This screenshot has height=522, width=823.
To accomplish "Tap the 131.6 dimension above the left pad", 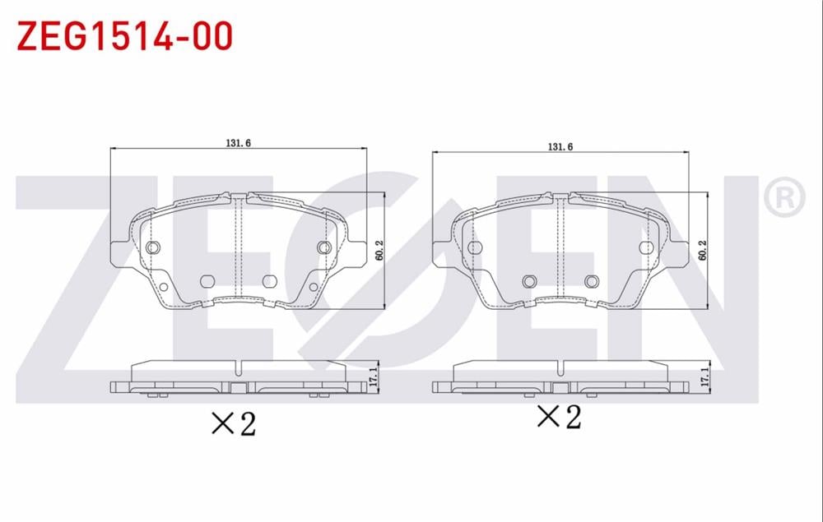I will point(238,142).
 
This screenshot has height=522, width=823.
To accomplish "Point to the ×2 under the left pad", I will point(235,423).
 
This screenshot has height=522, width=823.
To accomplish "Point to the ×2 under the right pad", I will point(559,417).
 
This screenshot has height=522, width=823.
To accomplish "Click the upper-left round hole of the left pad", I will point(151,247).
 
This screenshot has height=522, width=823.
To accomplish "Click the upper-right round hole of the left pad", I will point(323,247).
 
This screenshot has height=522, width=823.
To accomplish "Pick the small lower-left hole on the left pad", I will point(163,287).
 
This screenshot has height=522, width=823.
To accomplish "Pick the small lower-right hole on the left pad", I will point(312,287).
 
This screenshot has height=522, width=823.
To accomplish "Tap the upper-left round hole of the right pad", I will point(474,247).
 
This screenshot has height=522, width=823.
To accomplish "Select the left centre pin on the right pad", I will point(529,281).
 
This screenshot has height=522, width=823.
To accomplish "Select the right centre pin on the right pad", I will point(590,281).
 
